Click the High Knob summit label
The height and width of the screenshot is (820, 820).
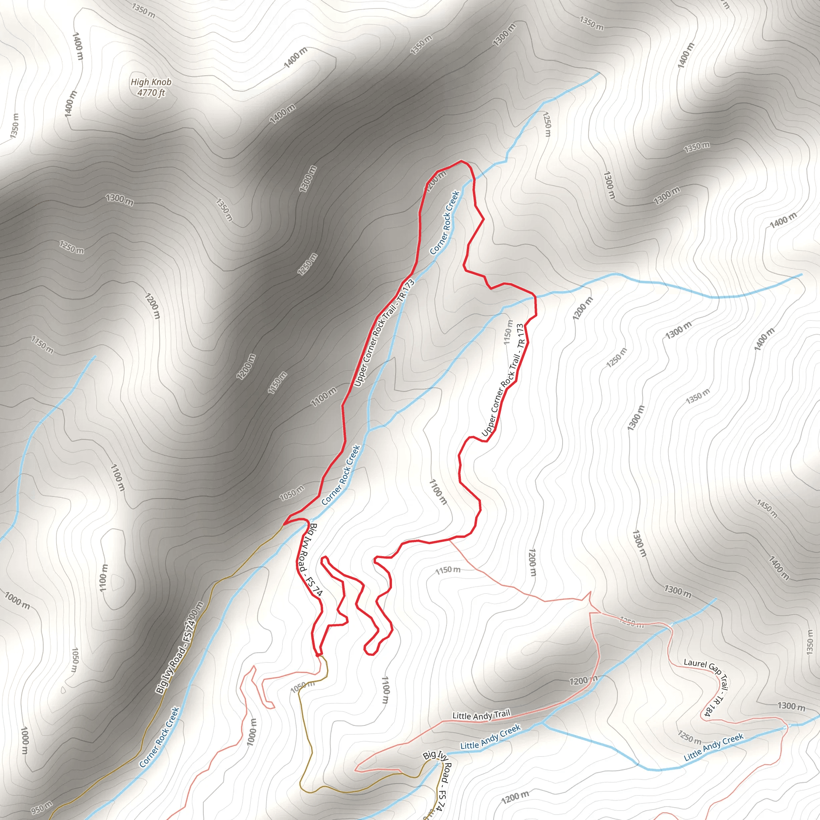151,82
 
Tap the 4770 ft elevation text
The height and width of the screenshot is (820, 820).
151,92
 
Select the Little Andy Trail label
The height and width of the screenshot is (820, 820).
481,715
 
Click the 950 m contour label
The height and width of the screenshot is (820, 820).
42,806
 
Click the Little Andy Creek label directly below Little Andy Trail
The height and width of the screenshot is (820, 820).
490,737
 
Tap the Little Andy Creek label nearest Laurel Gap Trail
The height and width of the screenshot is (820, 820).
713,748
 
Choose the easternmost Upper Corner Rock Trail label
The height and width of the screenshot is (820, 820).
503,380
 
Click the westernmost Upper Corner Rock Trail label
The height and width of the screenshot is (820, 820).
384,333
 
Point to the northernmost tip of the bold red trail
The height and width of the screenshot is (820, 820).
461,161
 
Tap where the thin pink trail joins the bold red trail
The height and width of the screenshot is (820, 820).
450,539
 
